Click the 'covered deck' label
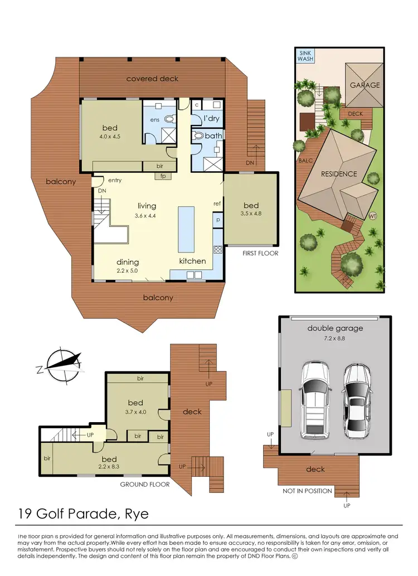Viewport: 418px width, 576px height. (x=152, y=79)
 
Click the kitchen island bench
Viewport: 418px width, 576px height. (x=186, y=229)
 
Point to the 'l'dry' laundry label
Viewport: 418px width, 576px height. (x=211, y=119)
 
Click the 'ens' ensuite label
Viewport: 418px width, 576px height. (x=155, y=119)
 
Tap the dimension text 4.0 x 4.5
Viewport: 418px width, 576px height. (x=110, y=137)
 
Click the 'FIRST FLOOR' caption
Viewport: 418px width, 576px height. (x=260, y=253)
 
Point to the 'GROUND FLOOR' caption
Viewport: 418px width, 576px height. (x=145, y=485)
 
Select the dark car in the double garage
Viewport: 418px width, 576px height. (x=357, y=399)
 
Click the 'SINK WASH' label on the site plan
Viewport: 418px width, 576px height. (x=305, y=55)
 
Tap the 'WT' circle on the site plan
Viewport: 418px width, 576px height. (x=373, y=215)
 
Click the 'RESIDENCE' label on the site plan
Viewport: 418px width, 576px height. (x=339, y=174)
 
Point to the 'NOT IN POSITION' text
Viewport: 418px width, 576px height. (x=307, y=491)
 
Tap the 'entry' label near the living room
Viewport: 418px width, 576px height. (x=115, y=180)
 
